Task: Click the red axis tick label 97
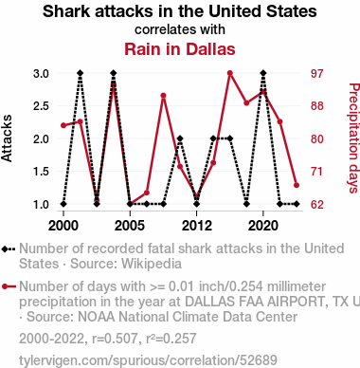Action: point(317,74)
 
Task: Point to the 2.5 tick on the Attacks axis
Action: point(41,106)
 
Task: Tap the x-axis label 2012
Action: point(197,226)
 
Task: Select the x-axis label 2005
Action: point(130,226)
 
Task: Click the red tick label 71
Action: point(317,172)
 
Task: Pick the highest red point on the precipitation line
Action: point(230,73)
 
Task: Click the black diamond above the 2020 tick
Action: point(263,73)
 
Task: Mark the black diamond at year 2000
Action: point(63,204)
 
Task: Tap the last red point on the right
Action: point(297,185)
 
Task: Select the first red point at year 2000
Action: point(63,125)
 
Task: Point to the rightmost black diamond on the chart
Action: point(297,204)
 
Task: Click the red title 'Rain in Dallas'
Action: point(180,49)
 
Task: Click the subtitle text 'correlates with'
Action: point(180,29)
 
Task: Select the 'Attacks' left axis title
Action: point(7,138)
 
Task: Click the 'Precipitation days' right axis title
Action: point(353,138)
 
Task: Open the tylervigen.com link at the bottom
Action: point(148,360)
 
